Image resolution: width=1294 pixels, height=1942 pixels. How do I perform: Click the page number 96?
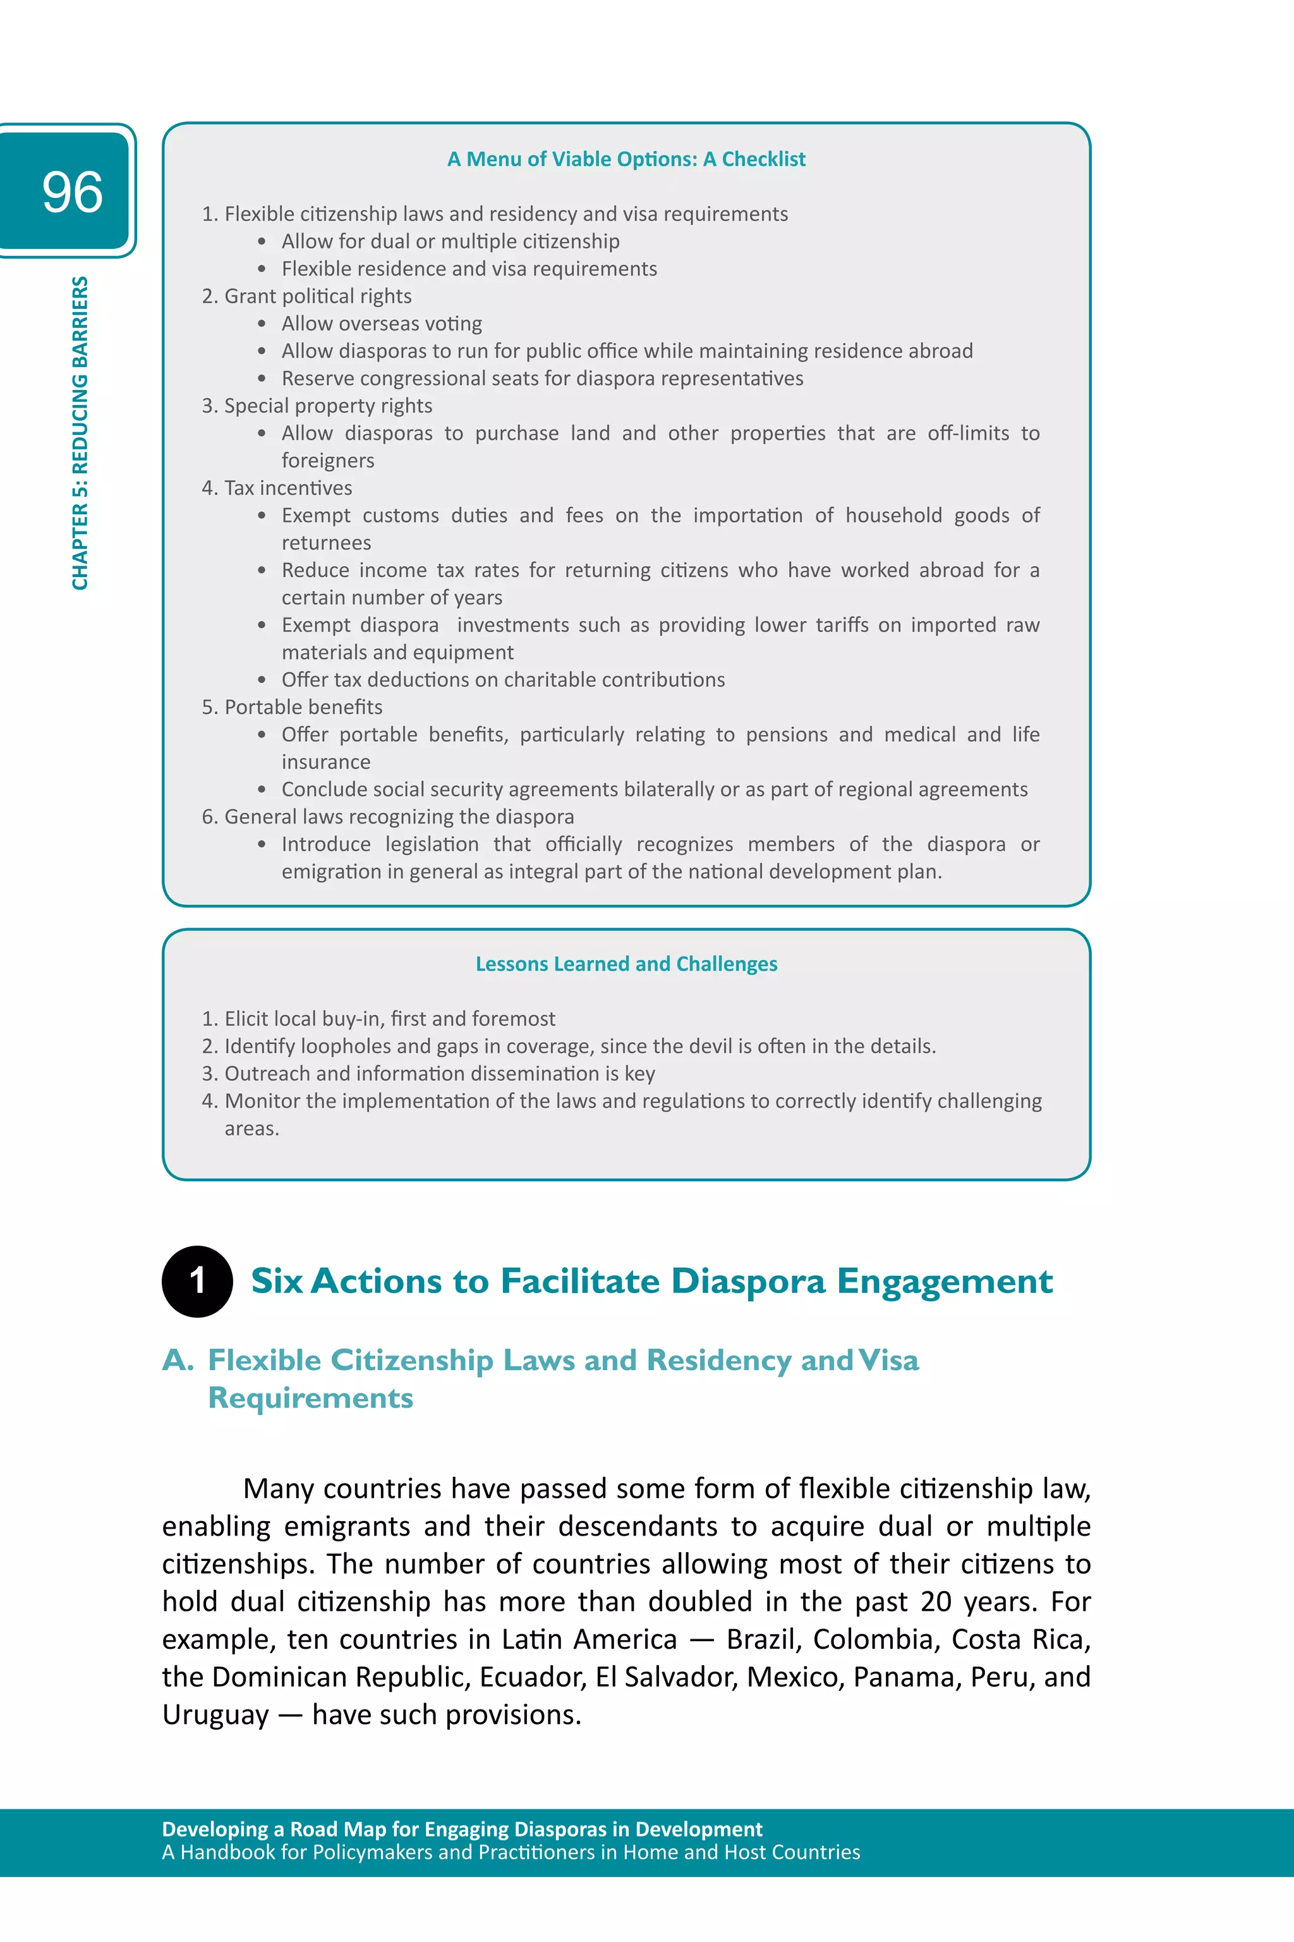72,191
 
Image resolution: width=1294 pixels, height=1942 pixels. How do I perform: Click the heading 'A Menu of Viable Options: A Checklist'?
626,159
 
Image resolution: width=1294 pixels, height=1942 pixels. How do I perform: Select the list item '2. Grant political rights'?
306,296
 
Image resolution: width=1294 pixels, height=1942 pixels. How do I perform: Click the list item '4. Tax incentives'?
277,488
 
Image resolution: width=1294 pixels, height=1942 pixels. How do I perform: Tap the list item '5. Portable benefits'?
292,707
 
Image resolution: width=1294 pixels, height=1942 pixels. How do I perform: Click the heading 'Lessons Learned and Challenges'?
626,963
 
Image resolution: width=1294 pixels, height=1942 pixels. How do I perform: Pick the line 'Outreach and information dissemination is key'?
439,1073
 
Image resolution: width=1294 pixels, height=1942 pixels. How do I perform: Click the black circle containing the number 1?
197,1281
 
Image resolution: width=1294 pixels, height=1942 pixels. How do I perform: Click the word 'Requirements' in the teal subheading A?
310,1398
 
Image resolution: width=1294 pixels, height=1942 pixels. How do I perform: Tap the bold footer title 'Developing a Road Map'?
461,1829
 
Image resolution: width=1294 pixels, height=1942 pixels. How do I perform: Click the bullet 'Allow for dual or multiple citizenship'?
450,241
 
